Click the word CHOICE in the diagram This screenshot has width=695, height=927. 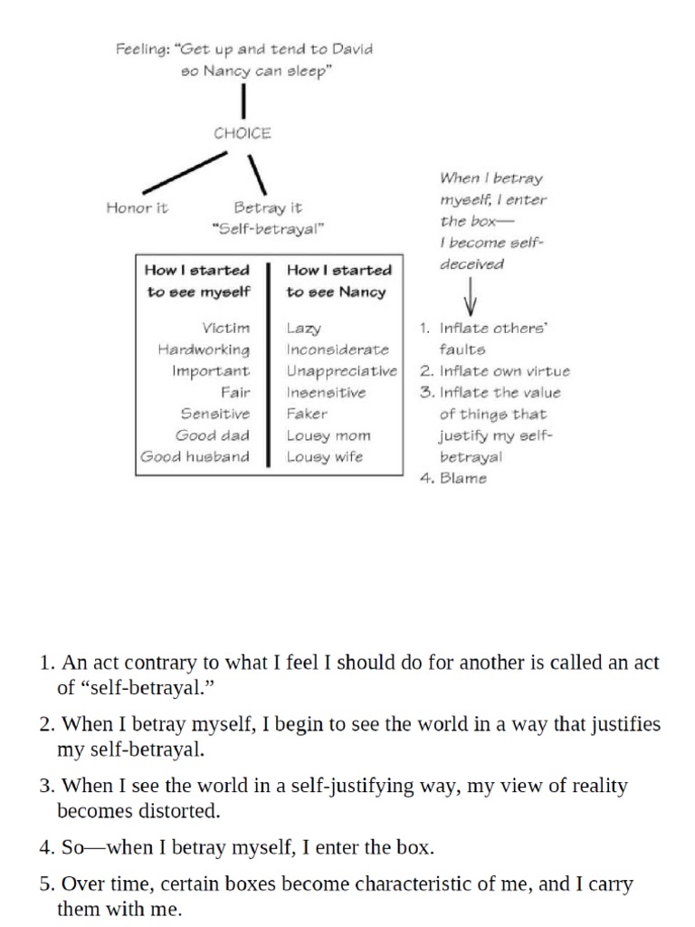click(242, 133)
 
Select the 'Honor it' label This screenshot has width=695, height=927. click(137, 207)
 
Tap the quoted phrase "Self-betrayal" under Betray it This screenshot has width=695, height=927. click(267, 229)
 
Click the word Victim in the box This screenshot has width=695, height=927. click(226, 328)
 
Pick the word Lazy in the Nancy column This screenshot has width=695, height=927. click(304, 329)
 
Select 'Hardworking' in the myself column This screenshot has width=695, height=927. click(204, 349)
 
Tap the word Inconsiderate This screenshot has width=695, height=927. click(338, 349)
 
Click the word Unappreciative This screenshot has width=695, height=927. click(341, 371)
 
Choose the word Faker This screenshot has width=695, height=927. click(307, 414)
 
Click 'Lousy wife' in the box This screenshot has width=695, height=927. click(325, 457)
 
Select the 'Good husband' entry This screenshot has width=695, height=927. click(195, 457)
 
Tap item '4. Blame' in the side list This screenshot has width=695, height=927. click(453, 479)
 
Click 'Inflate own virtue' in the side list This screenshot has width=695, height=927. click(504, 371)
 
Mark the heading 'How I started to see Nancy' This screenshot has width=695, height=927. click(338, 281)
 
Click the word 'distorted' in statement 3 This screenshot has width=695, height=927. click(177, 811)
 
